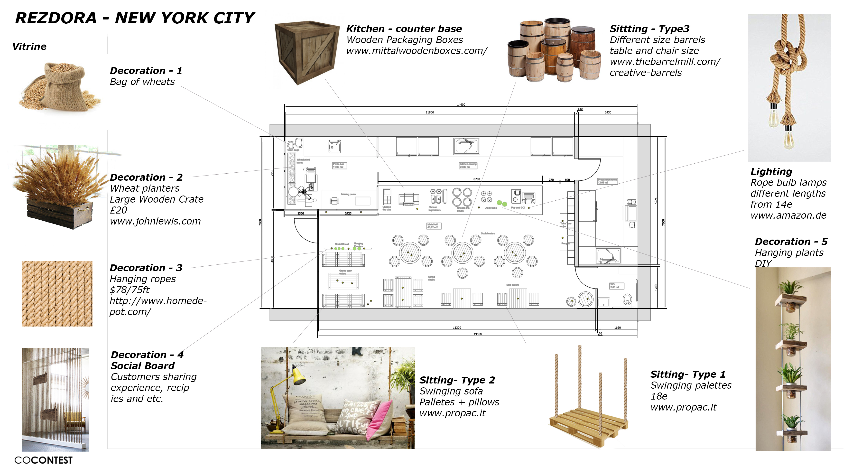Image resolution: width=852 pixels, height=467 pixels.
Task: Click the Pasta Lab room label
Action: coord(339,165)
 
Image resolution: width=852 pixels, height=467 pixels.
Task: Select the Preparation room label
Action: coord(607,181)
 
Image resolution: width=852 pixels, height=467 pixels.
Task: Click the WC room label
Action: coord(616,286)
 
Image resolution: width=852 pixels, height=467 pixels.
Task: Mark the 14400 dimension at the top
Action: coord(461,104)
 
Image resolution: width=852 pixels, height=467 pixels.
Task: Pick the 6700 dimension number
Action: coord(477,179)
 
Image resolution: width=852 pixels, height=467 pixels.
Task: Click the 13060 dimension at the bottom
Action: coord(477,334)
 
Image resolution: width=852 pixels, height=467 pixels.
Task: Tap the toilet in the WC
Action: coord(627,300)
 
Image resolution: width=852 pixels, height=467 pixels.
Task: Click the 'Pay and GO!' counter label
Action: coord(518,208)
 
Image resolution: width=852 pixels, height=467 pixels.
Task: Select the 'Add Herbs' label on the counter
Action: coord(491,208)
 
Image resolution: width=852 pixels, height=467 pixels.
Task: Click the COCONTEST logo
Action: coord(43,460)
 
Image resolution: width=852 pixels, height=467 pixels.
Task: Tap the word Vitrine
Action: coord(29,47)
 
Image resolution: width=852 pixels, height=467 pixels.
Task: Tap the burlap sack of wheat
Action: coord(65,86)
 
